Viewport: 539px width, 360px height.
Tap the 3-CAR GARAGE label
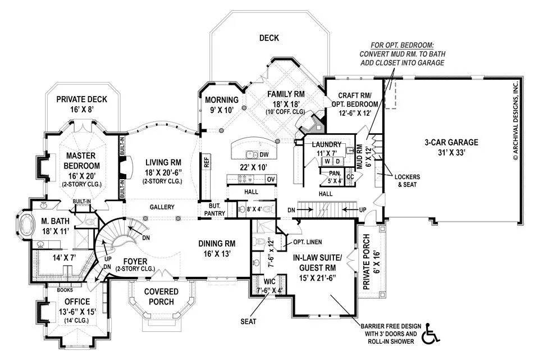450,142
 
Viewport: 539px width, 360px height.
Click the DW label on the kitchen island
264,154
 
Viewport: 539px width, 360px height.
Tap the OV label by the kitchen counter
269,179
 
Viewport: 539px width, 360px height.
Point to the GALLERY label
161,207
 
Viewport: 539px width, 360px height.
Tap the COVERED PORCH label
161,296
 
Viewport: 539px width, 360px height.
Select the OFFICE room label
77,302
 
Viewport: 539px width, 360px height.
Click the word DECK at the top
269,38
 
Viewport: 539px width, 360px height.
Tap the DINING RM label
216,243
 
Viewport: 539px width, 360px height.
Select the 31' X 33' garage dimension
450,152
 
